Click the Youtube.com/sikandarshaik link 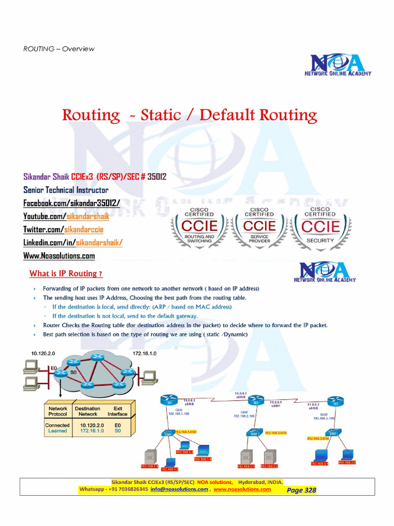63,216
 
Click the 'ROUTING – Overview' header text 59,49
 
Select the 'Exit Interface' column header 117,411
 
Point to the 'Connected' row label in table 57,425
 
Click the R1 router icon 168,400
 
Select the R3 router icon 335,401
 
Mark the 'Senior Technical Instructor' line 66,190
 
